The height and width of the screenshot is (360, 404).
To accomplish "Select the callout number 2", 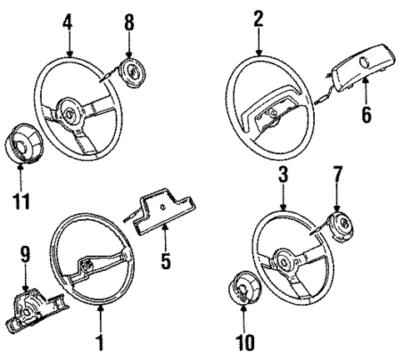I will (259, 15).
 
